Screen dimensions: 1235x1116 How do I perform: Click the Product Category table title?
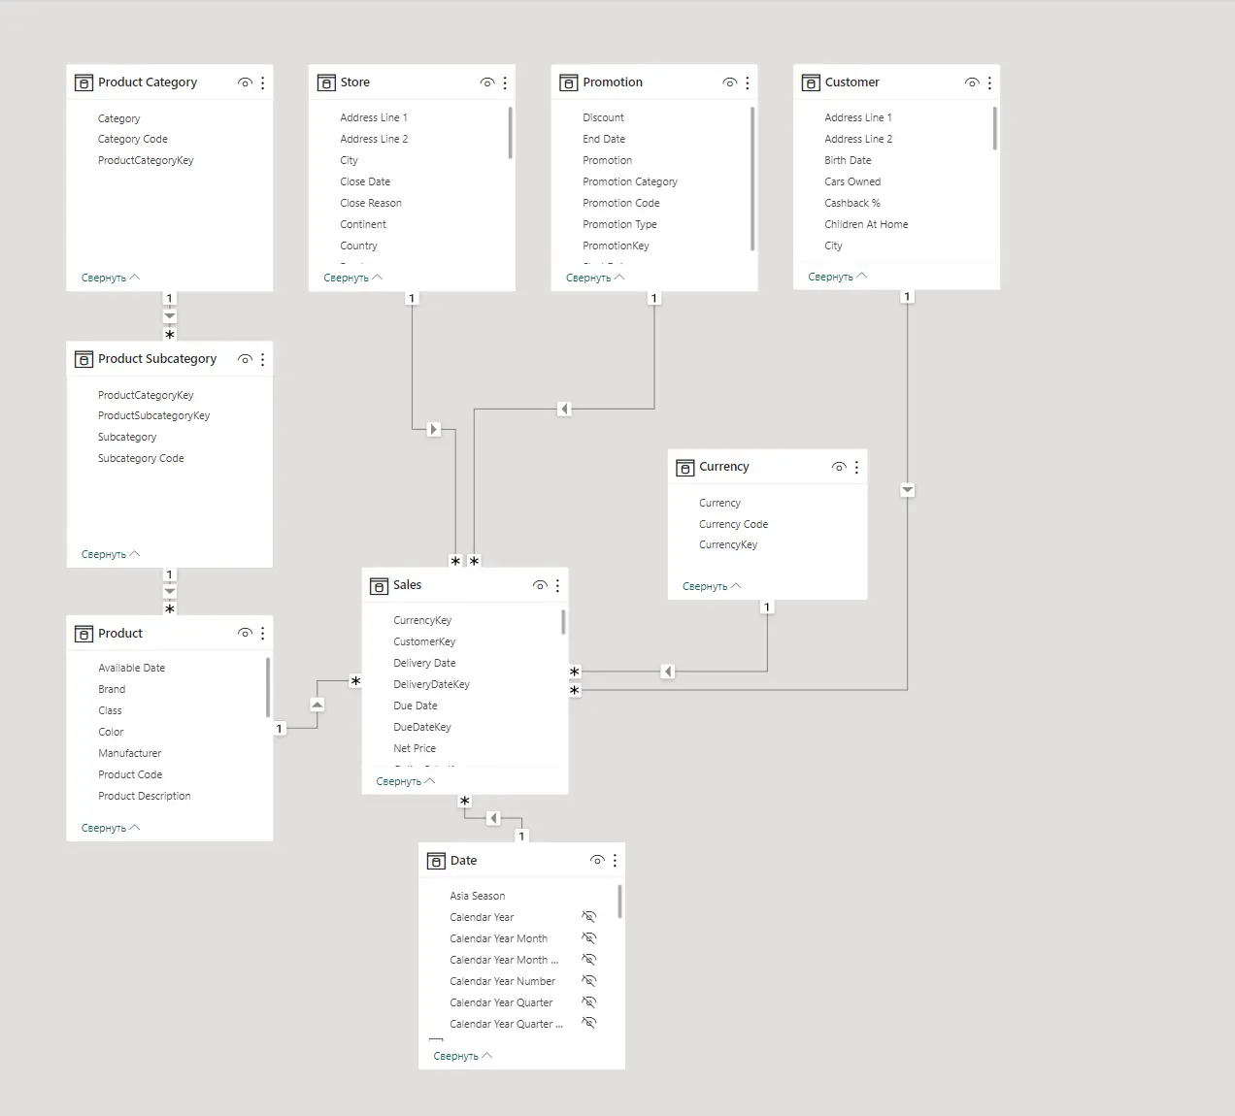[x=148, y=82]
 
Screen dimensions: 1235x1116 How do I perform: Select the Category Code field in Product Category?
[x=132, y=139]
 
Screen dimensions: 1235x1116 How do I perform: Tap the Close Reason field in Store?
[x=371, y=203]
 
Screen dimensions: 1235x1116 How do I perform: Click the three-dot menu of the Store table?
[x=505, y=82]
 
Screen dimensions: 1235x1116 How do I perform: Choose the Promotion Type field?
[x=619, y=225]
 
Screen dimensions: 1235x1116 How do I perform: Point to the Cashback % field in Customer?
[x=852, y=203]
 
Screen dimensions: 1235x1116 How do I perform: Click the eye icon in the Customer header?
[x=972, y=82]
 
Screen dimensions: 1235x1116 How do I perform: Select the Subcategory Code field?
[x=141, y=458]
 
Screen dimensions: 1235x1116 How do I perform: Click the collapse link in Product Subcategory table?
[x=111, y=554]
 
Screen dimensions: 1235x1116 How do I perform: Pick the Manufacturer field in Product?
[x=130, y=753]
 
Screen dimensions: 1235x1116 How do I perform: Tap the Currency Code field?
[x=733, y=524]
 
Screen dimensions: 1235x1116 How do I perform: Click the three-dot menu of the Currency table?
[x=856, y=467]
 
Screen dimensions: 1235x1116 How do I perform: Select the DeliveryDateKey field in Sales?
[x=432, y=684]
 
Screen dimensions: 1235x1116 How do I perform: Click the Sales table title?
[x=408, y=585]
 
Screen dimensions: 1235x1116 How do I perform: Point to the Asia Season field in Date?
[x=477, y=897]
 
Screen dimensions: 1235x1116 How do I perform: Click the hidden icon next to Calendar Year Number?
[x=589, y=980]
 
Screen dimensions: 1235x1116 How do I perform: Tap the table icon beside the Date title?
[x=436, y=861]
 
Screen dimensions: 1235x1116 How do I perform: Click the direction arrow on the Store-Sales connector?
[x=433, y=429]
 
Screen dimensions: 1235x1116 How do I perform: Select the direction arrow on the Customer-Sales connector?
[x=907, y=490]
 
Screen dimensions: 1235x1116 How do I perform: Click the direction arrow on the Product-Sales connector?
[x=317, y=705]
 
